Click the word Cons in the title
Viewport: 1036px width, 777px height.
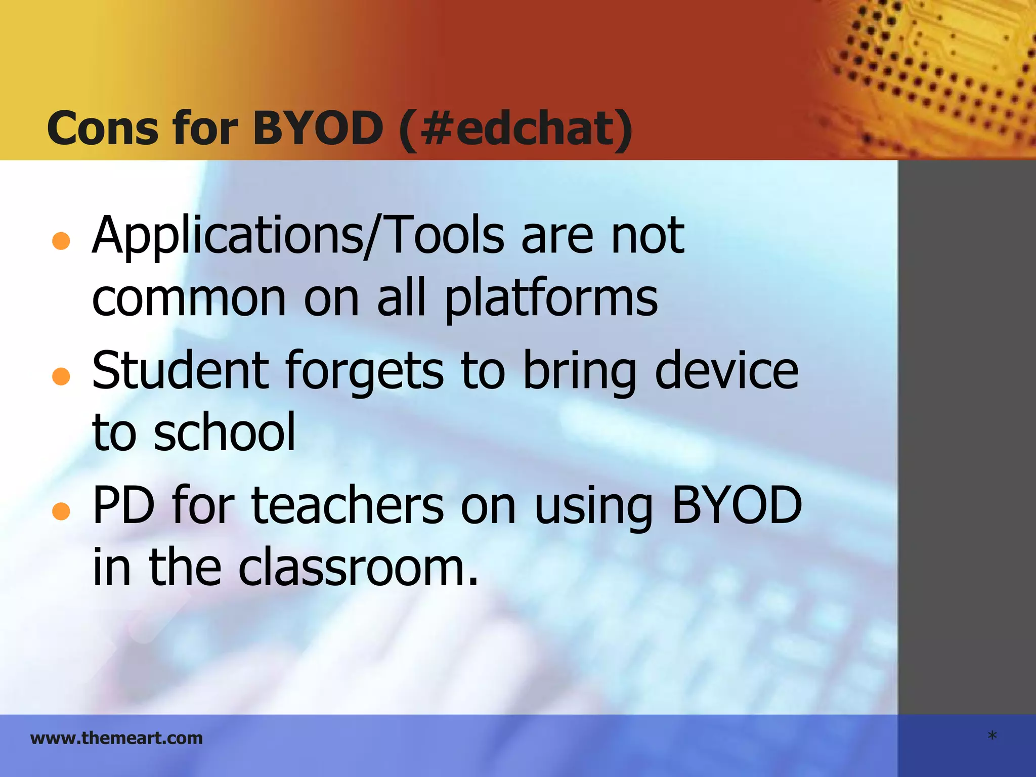pos(102,128)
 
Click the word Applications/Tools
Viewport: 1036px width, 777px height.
pos(298,235)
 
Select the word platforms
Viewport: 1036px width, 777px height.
pos(551,298)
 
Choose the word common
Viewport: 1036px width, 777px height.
pos(189,298)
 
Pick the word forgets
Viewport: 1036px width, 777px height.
pos(364,372)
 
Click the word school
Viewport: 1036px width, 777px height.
pos(225,433)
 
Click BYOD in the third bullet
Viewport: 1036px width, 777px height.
pos(737,505)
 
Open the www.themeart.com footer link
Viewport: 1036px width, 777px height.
pos(116,738)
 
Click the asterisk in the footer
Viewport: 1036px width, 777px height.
pos(992,737)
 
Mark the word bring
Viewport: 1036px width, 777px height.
pos(579,372)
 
